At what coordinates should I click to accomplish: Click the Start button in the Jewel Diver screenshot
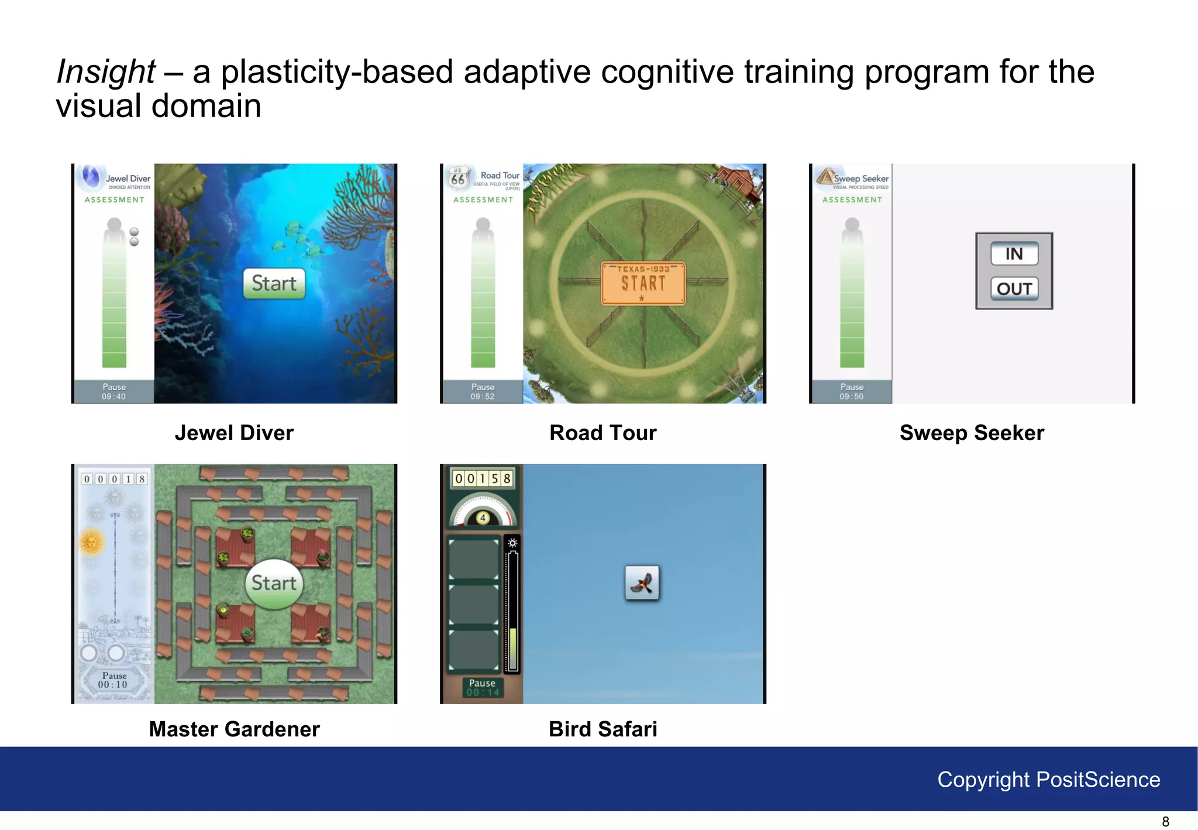pos(274,283)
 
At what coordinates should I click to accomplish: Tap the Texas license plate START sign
pos(643,283)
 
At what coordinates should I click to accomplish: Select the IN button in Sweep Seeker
pos(1014,253)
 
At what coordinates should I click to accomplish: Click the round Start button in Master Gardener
pos(274,584)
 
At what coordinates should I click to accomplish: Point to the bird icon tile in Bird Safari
pos(642,583)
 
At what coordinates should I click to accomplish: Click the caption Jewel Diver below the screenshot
pos(234,433)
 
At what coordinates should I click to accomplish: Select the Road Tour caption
pos(603,433)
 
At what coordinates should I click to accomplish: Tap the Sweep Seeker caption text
pos(971,433)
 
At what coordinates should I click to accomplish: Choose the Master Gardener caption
pos(234,729)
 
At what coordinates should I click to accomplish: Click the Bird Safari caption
pos(603,729)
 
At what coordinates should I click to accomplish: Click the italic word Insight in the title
pos(106,72)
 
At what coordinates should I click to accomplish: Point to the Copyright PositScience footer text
pos(1048,780)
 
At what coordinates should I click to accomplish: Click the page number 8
pos(1165,821)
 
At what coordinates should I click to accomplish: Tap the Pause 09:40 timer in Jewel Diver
pos(114,392)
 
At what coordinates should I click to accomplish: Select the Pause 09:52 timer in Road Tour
pos(483,392)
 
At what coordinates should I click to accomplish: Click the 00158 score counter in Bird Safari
pos(483,479)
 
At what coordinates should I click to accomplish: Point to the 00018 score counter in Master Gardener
pos(114,479)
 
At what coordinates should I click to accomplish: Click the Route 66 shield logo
pos(457,177)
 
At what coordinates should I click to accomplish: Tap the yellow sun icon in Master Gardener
pos(91,541)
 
